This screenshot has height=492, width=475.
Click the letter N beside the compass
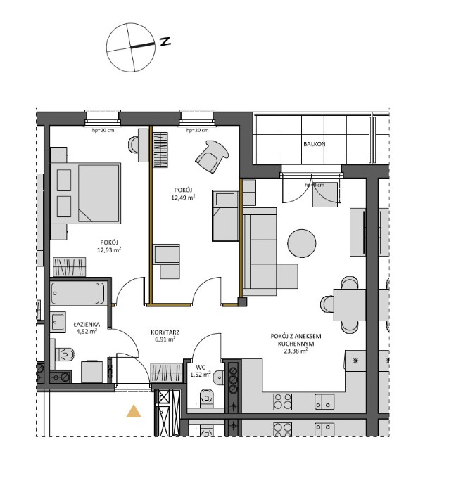tap(165, 42)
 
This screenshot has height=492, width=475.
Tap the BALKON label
tap(314, 144)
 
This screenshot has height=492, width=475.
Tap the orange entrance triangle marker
tap(133, 411)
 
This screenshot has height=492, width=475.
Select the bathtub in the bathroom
tap(78, 293)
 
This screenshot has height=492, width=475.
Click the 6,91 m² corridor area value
tap(163, 339)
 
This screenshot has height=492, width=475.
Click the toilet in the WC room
tap(206, 400)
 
